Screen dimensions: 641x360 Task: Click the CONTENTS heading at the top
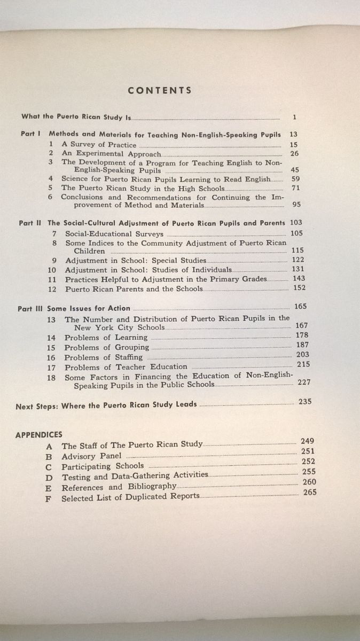pyautogui.click(x=159, y=90)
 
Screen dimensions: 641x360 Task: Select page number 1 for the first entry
pyautogui.click(x=295, y=116)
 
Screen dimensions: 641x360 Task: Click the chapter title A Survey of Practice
pyautogui.click(x=99, y=145)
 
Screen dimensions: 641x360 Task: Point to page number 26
pyautogui.click(x=294, y=153)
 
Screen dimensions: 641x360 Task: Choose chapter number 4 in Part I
pyautogui.click(x=51, y=179)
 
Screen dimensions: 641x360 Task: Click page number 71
pyautogui.click(x=295, y=188)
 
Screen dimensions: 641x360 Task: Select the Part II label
pyautogui.click(x=30, y=223)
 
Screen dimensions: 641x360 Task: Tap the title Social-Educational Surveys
pyautogui.click(x=114, y=234)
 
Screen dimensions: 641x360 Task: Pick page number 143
pyautogui.click(x=299, y=278)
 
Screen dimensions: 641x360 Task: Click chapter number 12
pyautogui.click(x=52, y=289)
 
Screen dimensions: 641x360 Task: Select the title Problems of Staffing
pyautogui.click(x=104, y=357)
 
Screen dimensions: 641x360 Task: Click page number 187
pyautogui.click(x=302, y=345)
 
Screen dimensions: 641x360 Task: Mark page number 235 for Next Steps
pyautogui.click(x=305, y=402)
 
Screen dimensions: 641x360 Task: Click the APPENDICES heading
pyautogui.click(x=38, y=435)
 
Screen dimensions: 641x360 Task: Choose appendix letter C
pyautogui.click(x=49, y=466)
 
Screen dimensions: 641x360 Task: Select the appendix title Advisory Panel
pyautogui.click(x=91, y=456)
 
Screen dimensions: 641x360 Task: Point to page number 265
pyautogui.click(x=310, y=493)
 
